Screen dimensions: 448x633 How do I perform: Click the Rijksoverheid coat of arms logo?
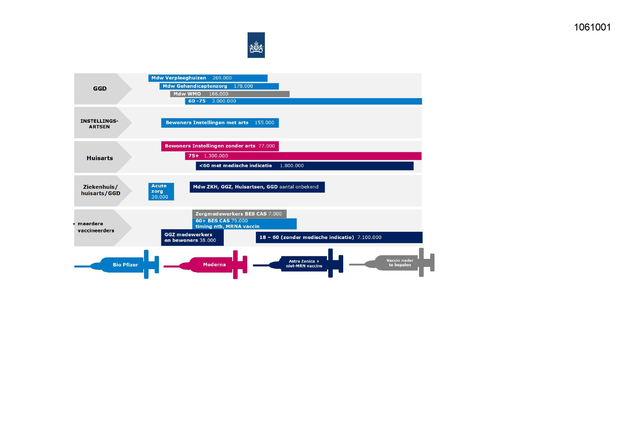pos(256,45)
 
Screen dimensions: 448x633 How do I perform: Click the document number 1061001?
pos(592,27)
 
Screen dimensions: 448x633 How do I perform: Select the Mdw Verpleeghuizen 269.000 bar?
pos(208,78)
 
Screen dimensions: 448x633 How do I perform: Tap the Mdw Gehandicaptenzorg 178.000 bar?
pos(219,86)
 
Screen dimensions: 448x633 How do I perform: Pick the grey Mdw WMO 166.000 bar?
pos(230,94)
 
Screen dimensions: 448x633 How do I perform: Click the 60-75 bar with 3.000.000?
pos(303,101)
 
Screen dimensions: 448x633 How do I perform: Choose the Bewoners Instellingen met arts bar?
pos(220,123)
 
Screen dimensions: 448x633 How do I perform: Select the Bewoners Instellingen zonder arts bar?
pos(220,146)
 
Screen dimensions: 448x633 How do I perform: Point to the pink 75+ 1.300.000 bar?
pos(303,156)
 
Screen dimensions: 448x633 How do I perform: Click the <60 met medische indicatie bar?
pos(304,166)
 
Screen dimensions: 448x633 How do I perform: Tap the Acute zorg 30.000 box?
pos(161,191)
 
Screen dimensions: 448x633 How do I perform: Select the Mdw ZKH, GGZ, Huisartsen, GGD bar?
pos(257,187)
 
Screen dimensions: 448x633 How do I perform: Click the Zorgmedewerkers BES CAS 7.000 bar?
pos(239,214)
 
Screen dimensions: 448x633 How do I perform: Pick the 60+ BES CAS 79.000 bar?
pos(244,224)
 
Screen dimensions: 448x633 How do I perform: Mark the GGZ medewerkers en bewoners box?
pos(192,238)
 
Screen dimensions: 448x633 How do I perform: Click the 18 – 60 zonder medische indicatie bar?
pos(339,238)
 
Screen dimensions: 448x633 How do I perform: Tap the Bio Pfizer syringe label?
pos(125,265)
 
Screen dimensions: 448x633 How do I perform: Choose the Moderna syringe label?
pos(214,265)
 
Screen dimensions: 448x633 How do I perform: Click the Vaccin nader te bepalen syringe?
pos(400,263)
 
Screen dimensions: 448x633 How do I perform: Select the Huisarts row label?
pos(100,158)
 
